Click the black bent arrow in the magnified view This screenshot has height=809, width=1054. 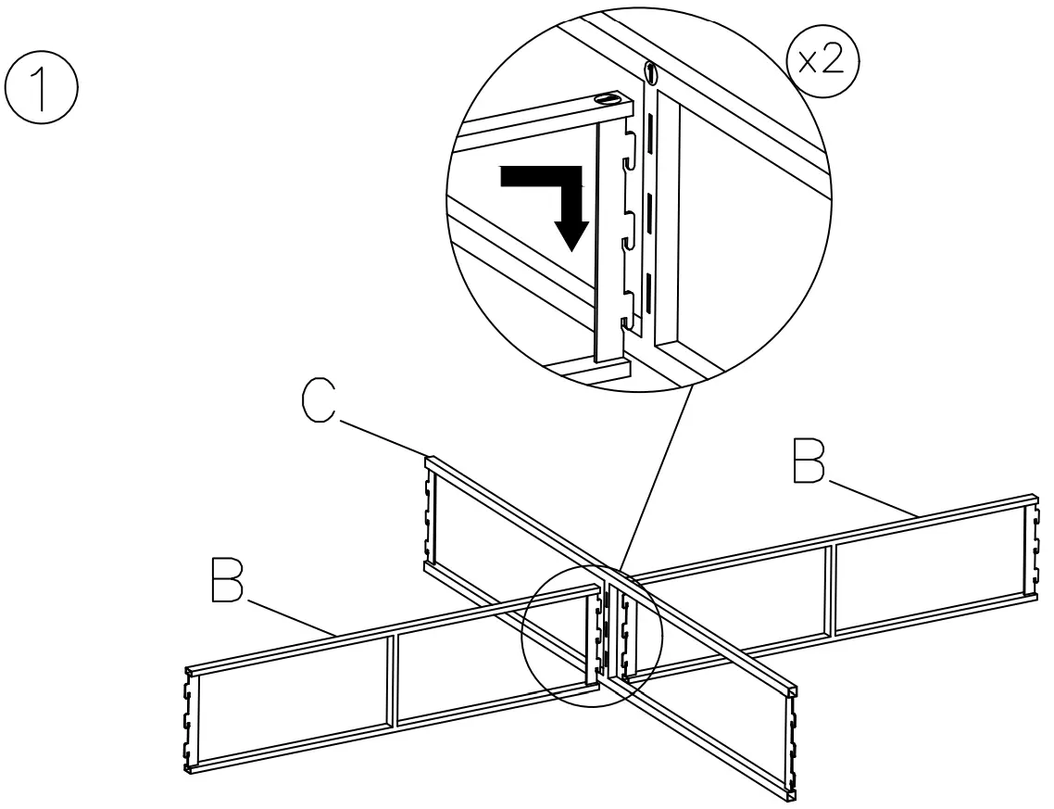(556, 199)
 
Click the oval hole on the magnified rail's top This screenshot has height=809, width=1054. (609, 98)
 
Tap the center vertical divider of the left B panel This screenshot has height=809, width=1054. (392, 681)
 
